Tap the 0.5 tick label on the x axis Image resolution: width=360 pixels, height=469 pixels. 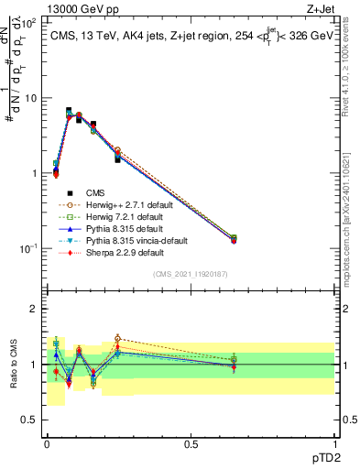[x=191, y=443]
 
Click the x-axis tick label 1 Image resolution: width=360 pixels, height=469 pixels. [x=334, y=443]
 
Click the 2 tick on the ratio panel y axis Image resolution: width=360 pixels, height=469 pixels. [x=34, y=309]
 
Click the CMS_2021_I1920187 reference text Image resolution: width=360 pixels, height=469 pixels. [x=191, y=274]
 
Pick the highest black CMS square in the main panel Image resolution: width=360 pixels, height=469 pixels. [x=69, y=111]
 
